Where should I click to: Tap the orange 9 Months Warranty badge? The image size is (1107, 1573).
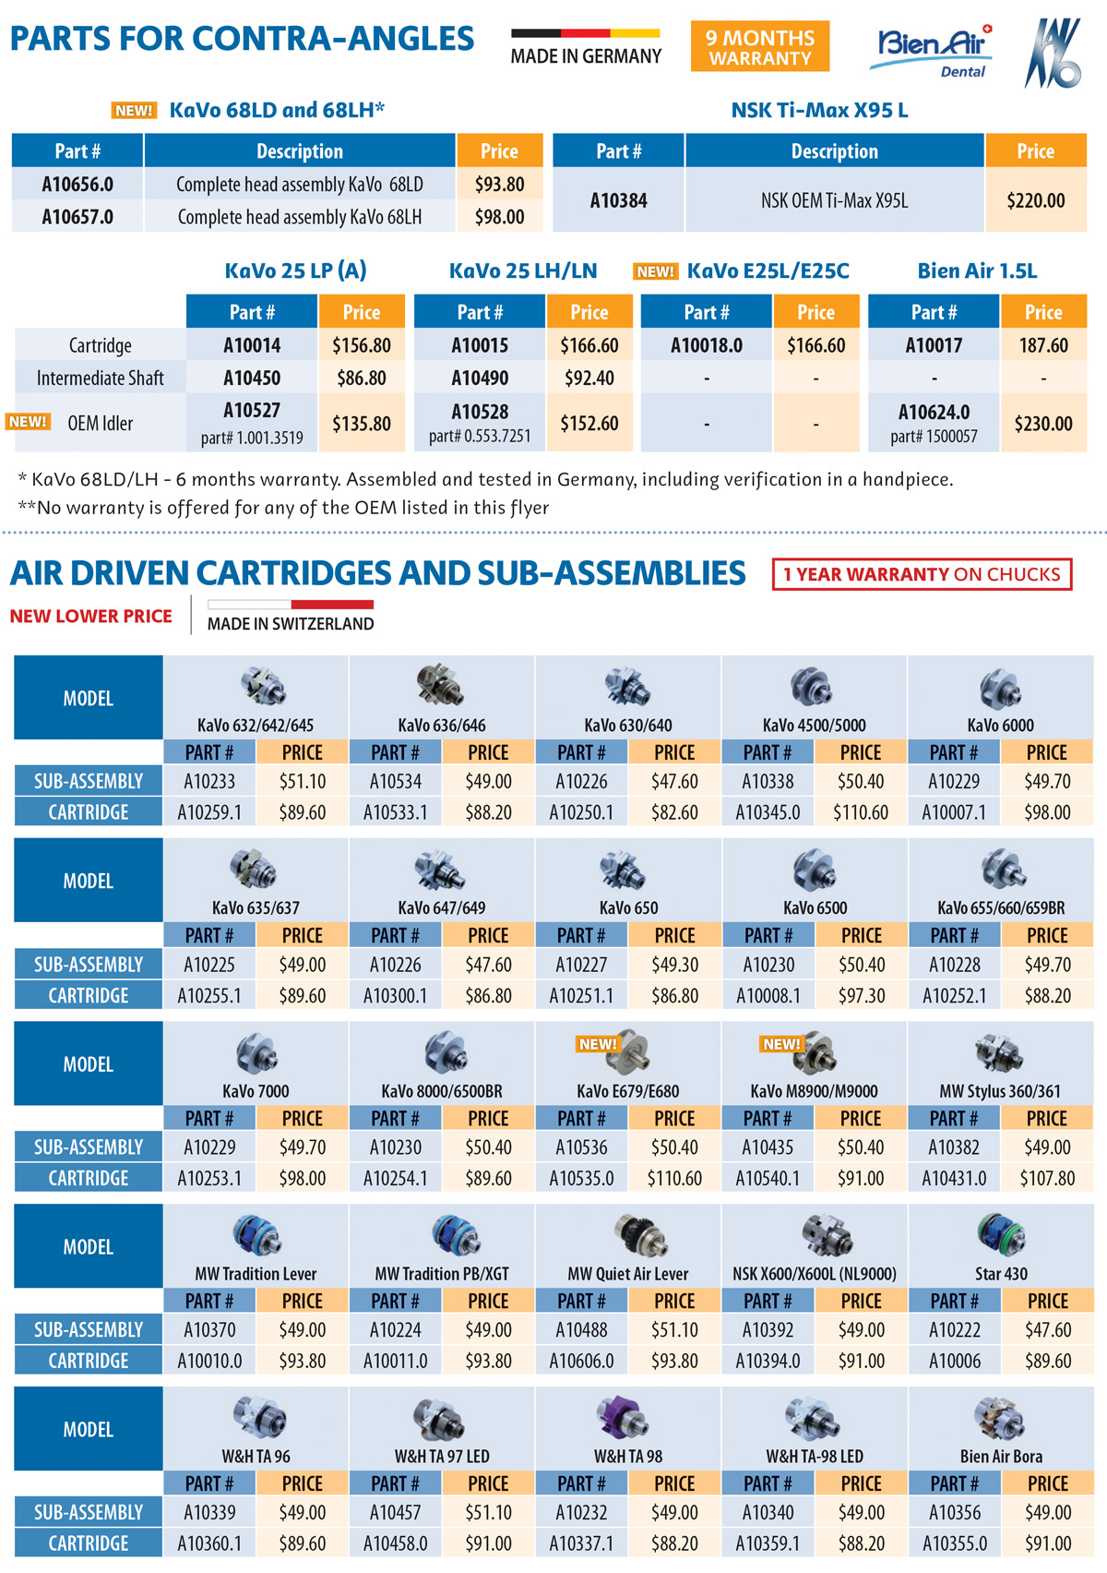760,47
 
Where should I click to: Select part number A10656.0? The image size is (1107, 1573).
77,185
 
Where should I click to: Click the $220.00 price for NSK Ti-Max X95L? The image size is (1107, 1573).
1035,200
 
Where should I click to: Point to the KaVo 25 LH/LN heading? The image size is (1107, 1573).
523,271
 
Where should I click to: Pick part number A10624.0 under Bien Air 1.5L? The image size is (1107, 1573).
934,412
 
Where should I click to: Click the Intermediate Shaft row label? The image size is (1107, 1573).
100,378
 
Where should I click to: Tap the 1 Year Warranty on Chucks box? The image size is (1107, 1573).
922,574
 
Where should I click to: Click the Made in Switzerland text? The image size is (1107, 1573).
291,624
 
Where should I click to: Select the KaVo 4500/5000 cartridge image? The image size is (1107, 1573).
812,687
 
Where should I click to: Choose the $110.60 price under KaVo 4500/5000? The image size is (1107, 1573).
860,813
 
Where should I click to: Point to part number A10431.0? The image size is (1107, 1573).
954,1179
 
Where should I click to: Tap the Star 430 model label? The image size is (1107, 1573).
1001,1274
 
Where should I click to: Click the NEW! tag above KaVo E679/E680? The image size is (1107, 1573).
597,1044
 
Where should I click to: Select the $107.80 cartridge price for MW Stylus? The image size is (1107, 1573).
1047,1179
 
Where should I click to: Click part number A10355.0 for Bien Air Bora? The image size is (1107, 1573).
954,1543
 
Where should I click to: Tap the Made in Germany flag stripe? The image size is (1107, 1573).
585,34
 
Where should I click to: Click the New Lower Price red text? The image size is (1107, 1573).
90,617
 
